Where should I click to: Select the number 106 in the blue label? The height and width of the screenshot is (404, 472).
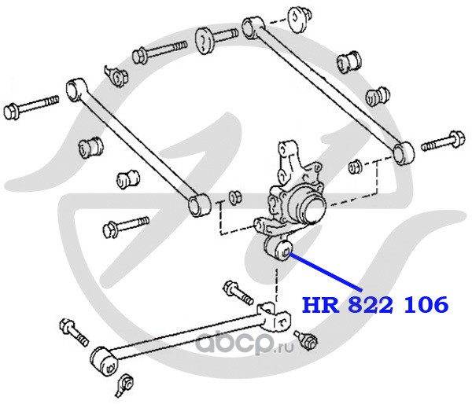(x=426, y=305)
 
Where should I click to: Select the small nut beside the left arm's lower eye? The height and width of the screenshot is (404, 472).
(x=234, y=196)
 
